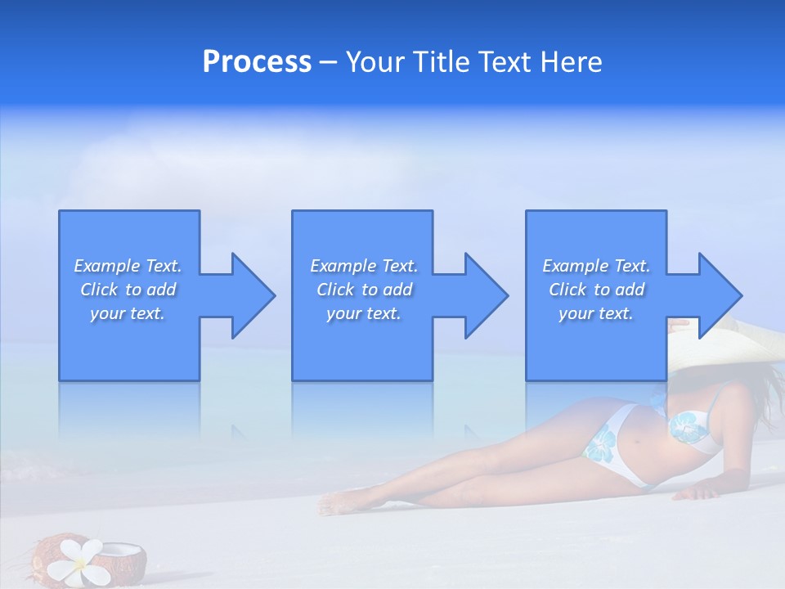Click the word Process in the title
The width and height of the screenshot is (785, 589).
point(257,62)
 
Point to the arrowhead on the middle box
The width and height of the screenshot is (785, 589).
point(485,295)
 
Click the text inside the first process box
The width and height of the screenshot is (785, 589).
point(128,290)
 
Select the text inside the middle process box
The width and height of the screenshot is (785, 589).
point(364,290)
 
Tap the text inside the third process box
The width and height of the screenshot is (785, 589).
point(596,290)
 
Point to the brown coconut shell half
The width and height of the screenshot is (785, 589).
point(127,561)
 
